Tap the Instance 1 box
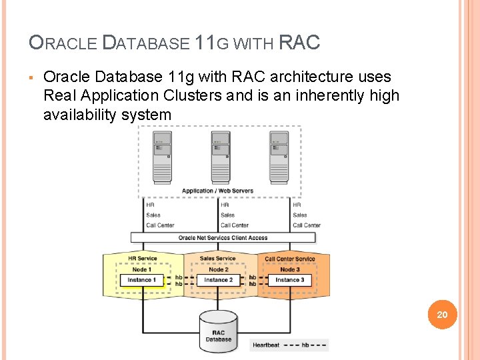coord(141,280)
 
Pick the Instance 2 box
coord(218,280)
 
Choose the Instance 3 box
coord(289,280)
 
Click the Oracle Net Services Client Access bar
coord(223,237)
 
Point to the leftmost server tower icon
coord(162,157)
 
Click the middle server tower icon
coord(221,157)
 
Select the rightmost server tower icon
coord(279,157)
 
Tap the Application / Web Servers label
coord(217,191)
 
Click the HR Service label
coord(142,259)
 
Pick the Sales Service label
coord(217,259)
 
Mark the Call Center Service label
coord(290,259)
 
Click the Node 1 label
coord(141,269)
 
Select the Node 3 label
coord(289,269)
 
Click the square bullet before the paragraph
coord(31,77)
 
